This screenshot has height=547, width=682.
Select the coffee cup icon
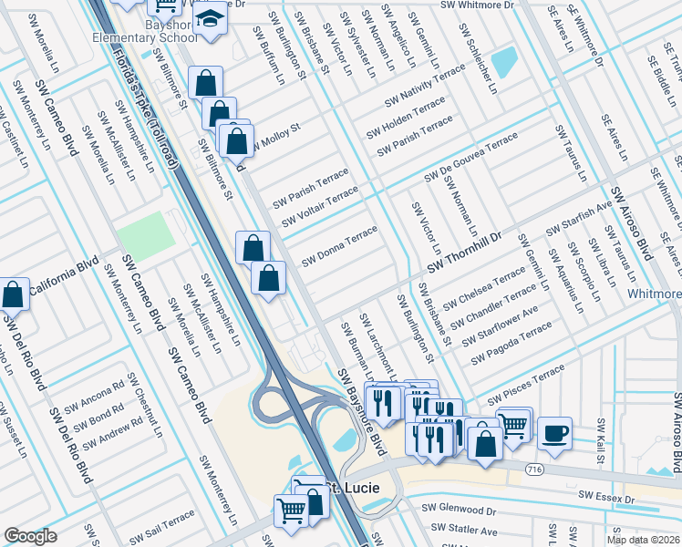(554, 434)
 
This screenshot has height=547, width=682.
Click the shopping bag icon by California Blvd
(14, 294)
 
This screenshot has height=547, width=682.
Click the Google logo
(30, 536)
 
